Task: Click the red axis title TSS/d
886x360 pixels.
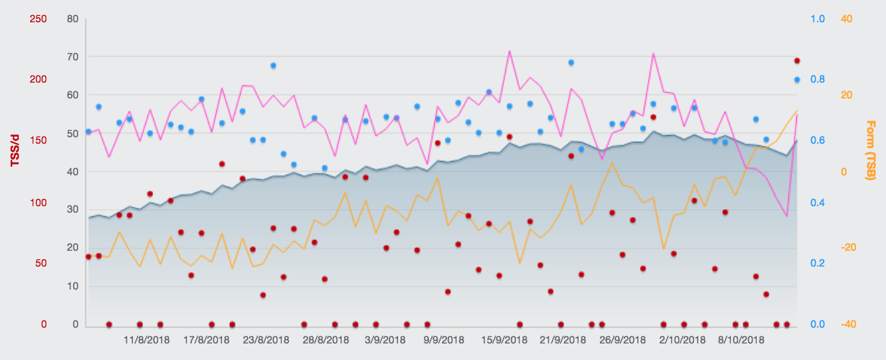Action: coord(14,151)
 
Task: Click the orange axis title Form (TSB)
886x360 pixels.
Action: coord(871,150)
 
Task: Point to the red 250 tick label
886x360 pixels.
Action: coord(37,19)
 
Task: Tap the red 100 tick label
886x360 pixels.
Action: coord(37,203)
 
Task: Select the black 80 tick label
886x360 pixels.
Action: coord(72,19)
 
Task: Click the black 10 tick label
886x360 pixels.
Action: coord(72,286)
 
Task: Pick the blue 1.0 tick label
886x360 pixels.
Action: coord(817,19)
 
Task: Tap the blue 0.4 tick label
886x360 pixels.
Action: coord(817,203)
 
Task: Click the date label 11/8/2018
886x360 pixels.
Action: coord(147,339)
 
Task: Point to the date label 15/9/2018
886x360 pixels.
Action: coord(505,339)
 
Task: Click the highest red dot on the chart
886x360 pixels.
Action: coord(797,61)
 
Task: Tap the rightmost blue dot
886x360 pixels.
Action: coord(797,80)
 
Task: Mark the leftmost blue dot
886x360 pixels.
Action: coord(88,131)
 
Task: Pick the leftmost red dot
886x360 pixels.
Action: coord(88,257)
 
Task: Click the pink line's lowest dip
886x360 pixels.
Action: coord(787,216)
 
